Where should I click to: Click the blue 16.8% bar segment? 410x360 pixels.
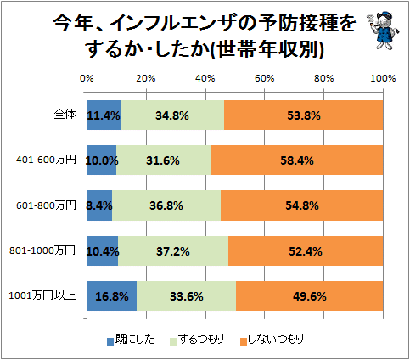pyautogui.click(x=112, y=295)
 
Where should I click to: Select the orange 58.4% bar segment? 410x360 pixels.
pyautogui.click(x=296, y=160)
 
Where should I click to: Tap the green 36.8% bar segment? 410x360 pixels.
pyautogui.click(x=166, y=205)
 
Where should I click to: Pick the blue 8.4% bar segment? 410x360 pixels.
pyautogui.click(x=99, y=205)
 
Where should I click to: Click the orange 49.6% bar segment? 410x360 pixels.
pyautogui.click(x=310, y=295)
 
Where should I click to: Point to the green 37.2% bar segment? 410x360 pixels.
pyautogui.click(x=173, y=250)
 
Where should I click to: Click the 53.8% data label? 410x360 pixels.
pyautogui.click(x=304, y=115)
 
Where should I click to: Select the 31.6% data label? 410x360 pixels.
pyautogui.click(x=163, y=160)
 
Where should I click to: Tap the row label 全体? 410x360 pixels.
pyautogui.click(x=65, y=115)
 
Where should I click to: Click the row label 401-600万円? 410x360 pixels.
pyautogui.click(x=46, y=160)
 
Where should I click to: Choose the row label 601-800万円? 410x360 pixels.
pyautogui.click(x=46, y=205)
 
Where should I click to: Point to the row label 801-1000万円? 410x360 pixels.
pyautogui.click(x=42, y=250)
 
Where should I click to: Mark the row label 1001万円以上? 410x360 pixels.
pyautogui.click(x=42, y=295)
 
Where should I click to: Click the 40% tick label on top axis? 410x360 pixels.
pyautogui.click(x=205, y=78)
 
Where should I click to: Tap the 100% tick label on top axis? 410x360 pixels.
pyautogui.click(x=383, y=78)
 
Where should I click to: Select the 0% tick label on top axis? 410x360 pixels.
pyautogui.click(x=87, y=78)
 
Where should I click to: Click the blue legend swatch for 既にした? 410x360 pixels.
pyautogui.click(x=110, y=341)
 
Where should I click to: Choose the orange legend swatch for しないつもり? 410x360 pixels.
pyautogui.click(x=244, y=341)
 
